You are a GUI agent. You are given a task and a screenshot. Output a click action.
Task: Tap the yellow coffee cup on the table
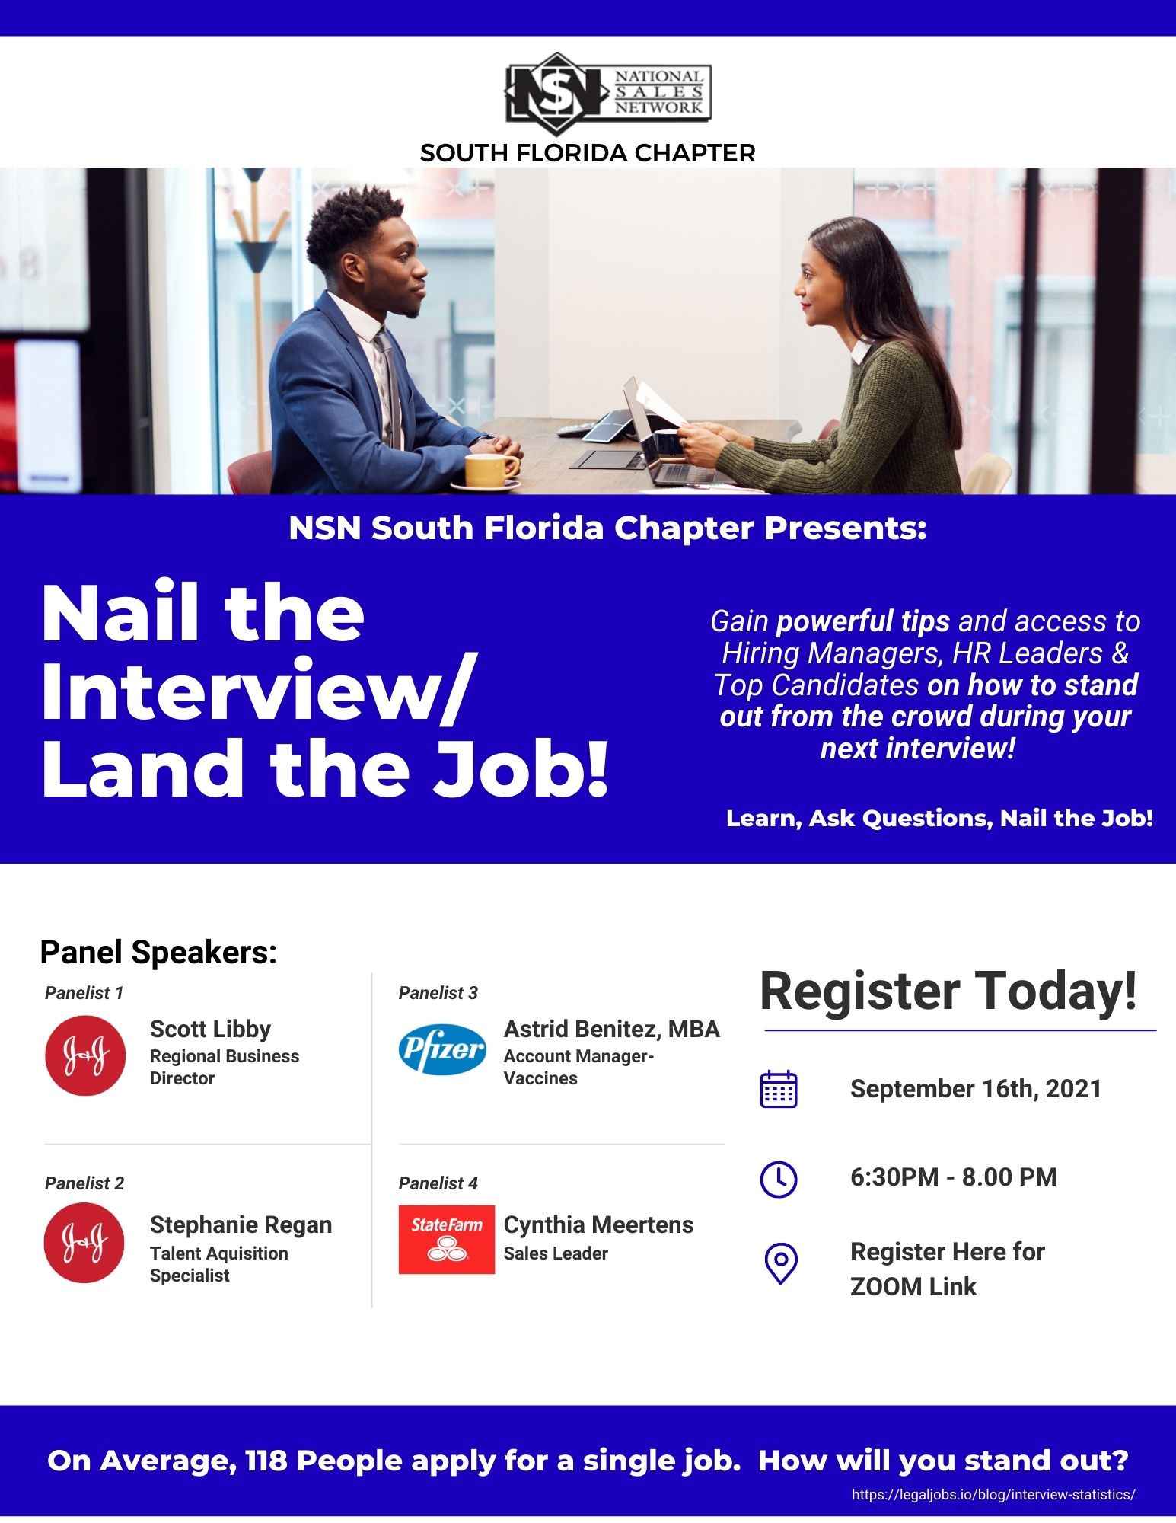pos(491,471)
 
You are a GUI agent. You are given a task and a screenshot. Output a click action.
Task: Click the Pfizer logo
pos(442,1049)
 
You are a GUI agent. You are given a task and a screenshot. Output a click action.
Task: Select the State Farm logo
pos(447,1239)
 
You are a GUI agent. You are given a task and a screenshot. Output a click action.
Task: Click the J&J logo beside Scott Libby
pos(85,1055)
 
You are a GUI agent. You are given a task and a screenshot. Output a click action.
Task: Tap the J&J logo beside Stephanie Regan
pos(84,1243)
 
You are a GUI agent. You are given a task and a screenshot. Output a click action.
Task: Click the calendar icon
pos(779,1088)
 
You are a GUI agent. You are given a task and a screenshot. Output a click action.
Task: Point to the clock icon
pos(779,1180)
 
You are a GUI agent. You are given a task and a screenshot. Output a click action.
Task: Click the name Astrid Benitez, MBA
pos(611,1029)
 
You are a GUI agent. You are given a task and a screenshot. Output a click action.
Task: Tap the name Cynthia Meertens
pos(598,1224)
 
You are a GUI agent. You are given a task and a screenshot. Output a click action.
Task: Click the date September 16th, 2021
pos(976,1089)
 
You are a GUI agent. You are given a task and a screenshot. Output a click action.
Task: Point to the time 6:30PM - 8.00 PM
pos(954,1177)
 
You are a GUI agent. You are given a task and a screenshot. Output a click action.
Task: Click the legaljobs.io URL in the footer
pos(993,1495)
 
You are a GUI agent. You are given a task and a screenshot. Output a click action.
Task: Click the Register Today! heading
pos(948,991)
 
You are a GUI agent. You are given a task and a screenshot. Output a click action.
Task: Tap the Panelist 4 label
pos(438,1183)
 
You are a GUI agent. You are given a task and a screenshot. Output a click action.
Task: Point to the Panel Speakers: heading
pos(158,953)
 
